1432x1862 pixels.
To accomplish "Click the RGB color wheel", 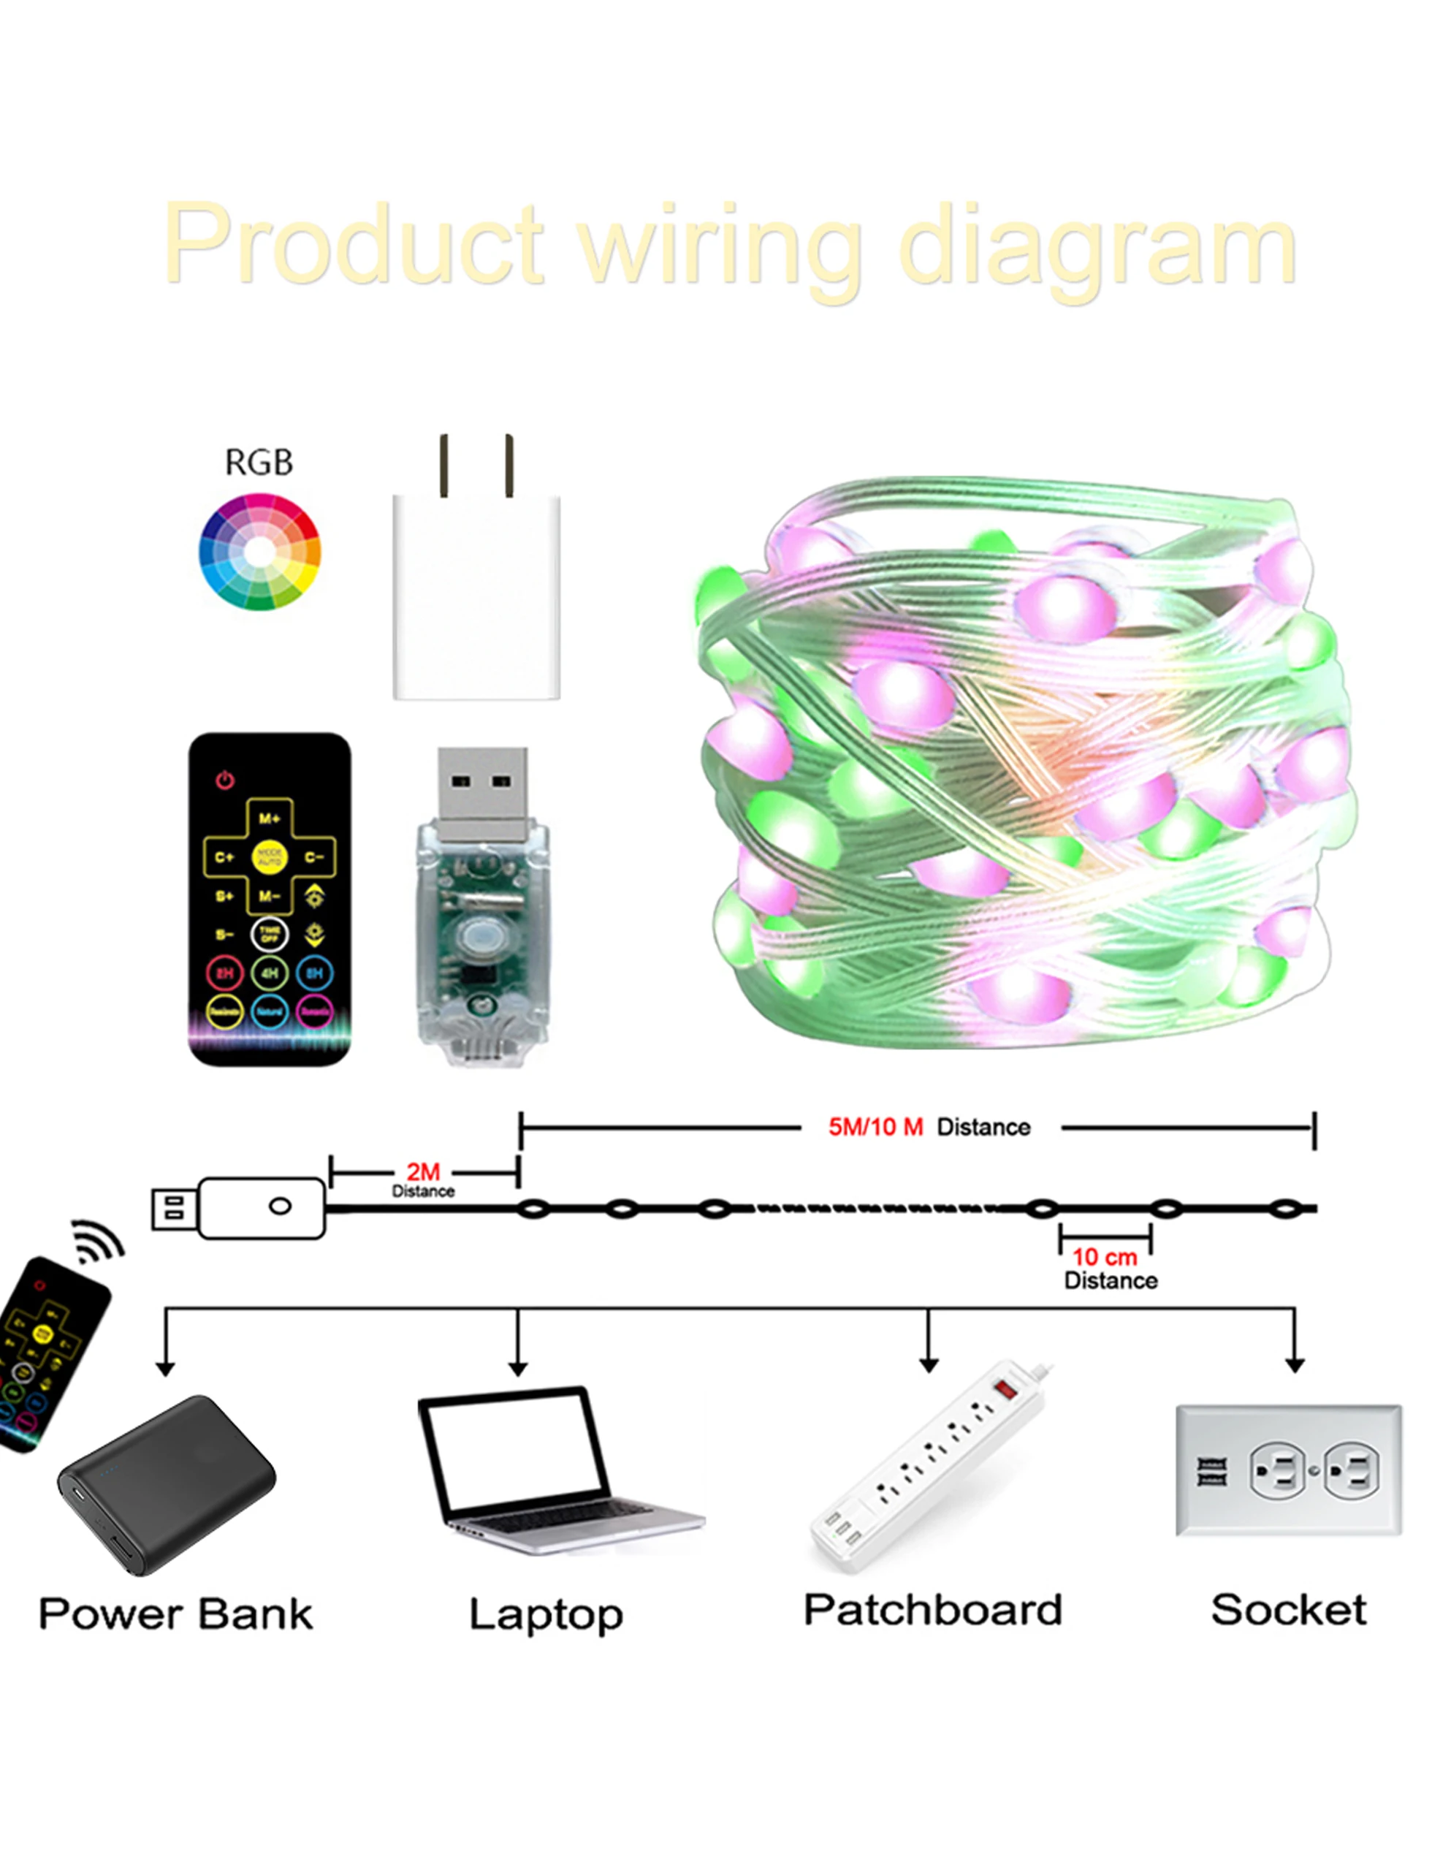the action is pos(259,552).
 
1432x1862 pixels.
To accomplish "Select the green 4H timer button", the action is pos(270,973).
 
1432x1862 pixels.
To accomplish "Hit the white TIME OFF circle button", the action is pos(270,935).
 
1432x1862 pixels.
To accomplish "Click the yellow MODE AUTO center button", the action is pos(270,856).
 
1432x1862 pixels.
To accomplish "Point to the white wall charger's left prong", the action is pos(443,465).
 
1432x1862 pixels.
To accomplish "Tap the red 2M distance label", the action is pos(423,1172).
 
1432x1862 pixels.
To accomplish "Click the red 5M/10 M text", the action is pos(875,1127).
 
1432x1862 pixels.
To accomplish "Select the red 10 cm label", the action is pos(1104,1257).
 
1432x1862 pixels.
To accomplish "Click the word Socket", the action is pos(1288,1611).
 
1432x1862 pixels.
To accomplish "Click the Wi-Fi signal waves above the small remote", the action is pos(99,1243).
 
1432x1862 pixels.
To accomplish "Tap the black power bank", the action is pos(167,1485).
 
